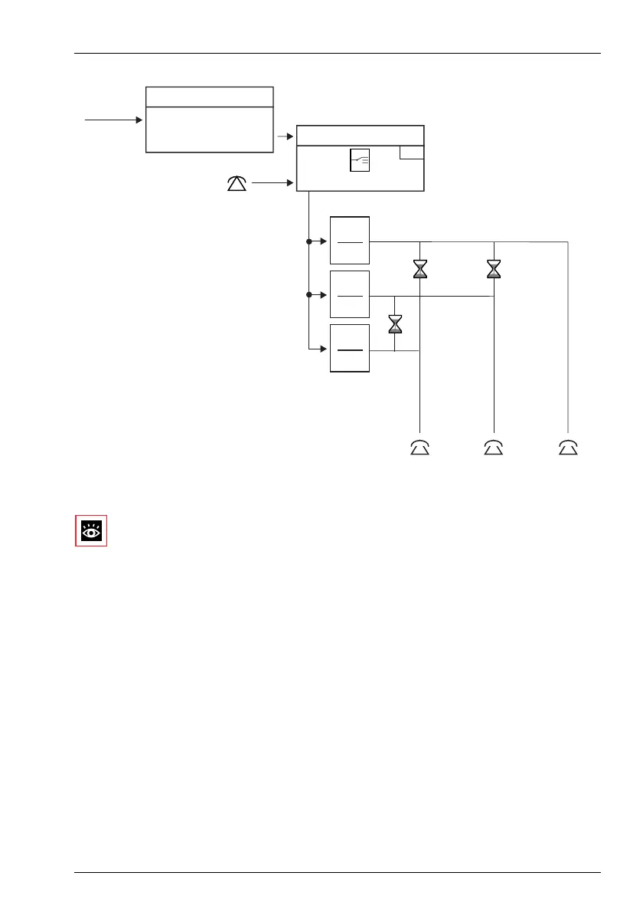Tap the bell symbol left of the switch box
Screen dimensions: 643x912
pos(237,183)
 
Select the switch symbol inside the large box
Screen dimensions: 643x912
pos(360,160)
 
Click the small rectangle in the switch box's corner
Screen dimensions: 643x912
pos(412,153)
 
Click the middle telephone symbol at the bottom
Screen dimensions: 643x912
pos(494,448)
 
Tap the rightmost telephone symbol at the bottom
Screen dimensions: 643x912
pos(568,448)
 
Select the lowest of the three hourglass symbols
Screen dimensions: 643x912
pos(395,323)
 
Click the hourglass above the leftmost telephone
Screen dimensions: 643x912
pos(420,268)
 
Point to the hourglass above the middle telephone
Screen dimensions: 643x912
pos(494,268)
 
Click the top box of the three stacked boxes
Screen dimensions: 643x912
pos(350,241)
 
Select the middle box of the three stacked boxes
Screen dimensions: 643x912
pos(350,294)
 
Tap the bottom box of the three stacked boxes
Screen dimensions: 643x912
pos(350,349)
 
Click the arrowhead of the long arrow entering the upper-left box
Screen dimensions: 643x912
pos(139,120)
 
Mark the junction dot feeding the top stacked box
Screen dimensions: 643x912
pos(308,241)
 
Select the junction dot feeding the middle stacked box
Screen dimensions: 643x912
pos(308,294)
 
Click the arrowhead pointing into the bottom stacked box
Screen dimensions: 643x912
pos(324,349)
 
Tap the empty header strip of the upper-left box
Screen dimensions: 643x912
pos(209,97)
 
